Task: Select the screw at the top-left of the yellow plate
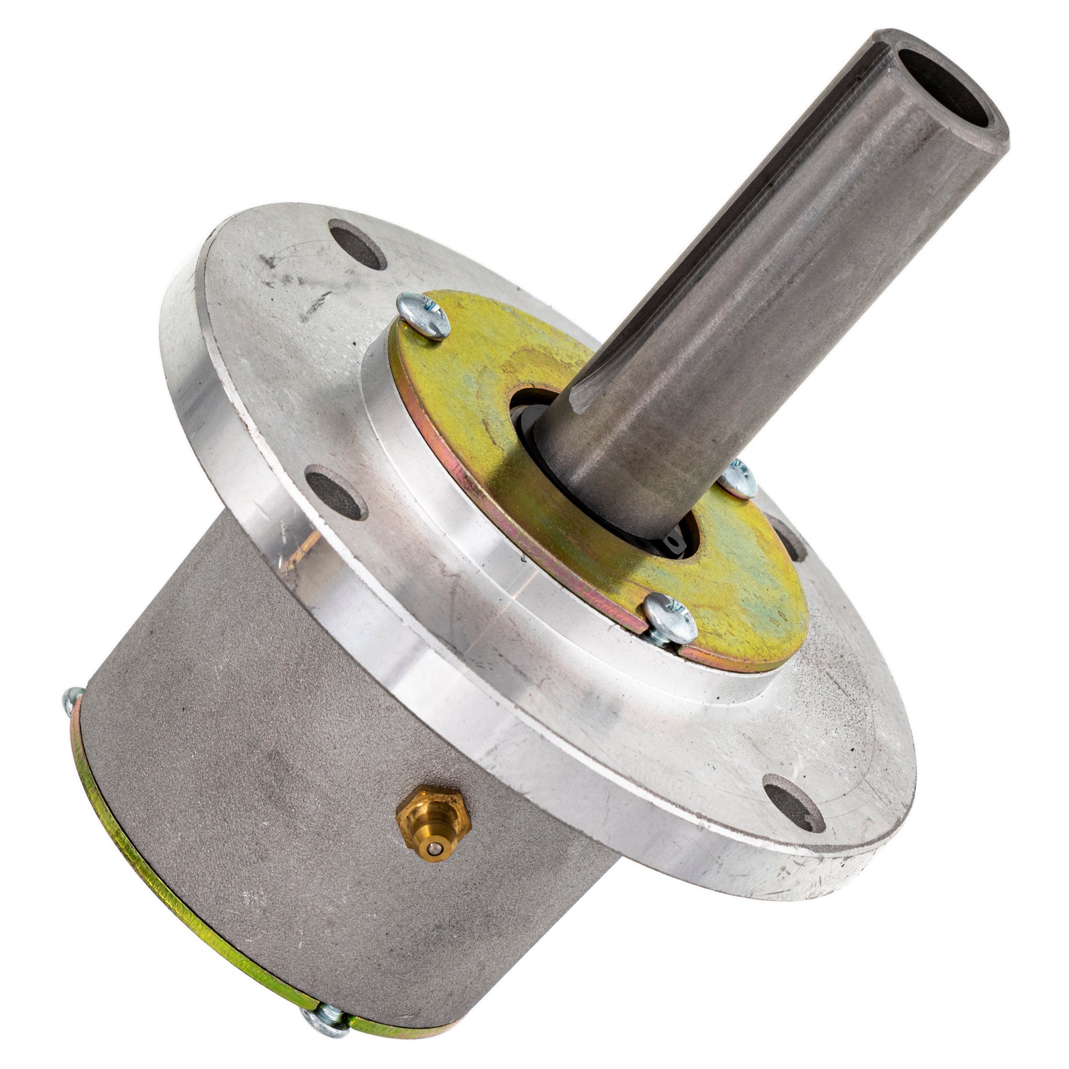pyautogui.click(x=423, y=316)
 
